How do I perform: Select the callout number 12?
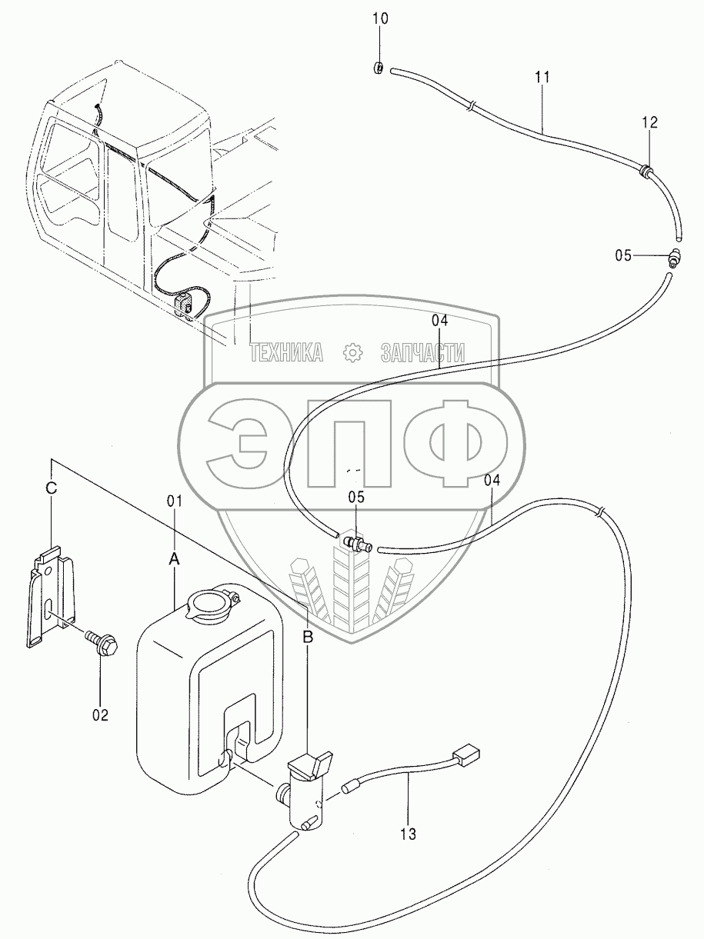click(x=650, y=122)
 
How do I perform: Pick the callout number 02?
click(x=101, y=714)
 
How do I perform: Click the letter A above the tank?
click(x=174, y=561)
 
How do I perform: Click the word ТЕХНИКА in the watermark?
click(x=285, y=352)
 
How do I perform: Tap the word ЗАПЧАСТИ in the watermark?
click(x=422, y=352)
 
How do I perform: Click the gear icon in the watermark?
click(x=352, y=352)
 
